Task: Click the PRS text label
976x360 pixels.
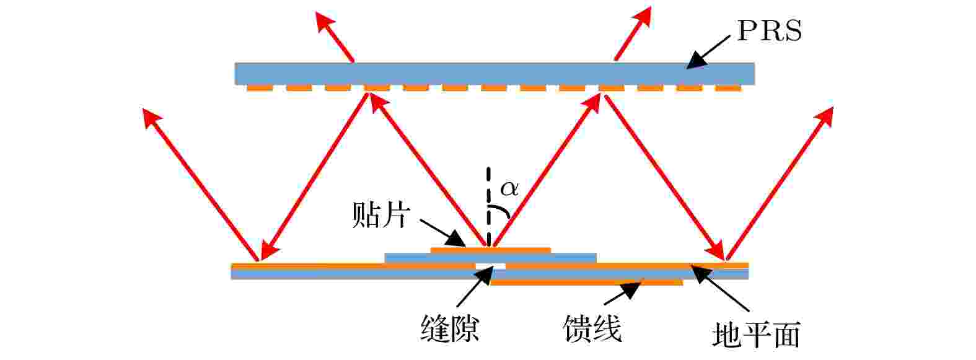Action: pyautogui.click(x=769, y=32)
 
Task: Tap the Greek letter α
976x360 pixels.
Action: pyautogui.click(x=509, y=188)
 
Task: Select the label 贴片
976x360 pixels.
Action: pyautogui.click(x=381, y=214)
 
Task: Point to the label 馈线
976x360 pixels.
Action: pyautogui.click(x=592, y=328)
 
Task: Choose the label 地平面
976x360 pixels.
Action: pyautogui.click(x=757, y=335)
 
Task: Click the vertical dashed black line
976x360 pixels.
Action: pyautogui.click(x=489, y=207)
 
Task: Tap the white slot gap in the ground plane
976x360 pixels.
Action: pyautogui.click(x=491, y=266)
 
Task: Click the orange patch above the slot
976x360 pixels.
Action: pyautogui.click(x=491, y=250)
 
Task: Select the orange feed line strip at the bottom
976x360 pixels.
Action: pyautogui.click(x=587, y=282)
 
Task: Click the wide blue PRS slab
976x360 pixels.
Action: pyautogui.click(x=495, y=74)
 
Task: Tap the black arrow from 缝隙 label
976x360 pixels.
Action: pyautogui.click(x=475, y=287)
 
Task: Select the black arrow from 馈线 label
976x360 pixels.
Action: pyautogui.click(x=623, y=293)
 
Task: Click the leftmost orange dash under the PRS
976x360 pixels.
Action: pyautogui.click(x=260, y=88)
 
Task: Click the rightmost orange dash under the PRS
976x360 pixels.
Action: pyautogui.click(x=728, y=88)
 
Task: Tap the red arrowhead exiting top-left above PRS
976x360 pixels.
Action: pyautogui.click(x=325, y=23)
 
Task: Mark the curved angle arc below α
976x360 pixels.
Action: pyautogui.click(x=501, y=209)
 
